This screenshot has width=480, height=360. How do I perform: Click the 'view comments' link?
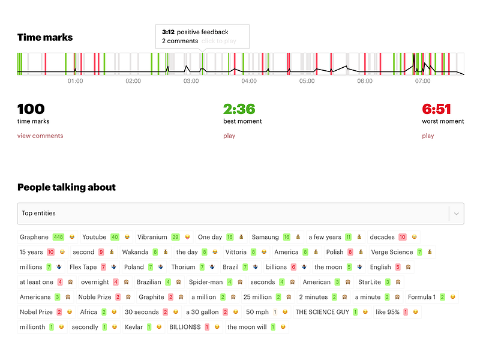pyautogui.click(x=40, y=136)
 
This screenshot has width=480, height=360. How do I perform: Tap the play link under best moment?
pyautogui.click(x=229, y=136)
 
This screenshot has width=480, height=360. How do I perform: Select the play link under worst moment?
pyautogui.click(x=428, y=136)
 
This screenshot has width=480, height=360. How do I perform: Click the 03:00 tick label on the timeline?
pyautogui.click(x=191, y=81)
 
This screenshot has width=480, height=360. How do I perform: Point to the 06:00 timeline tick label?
pyautogui.click(x=365, y=81)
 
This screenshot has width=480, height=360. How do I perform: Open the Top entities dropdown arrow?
pyautogui.click(x=456, y=214)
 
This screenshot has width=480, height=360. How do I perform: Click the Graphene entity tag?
pyautogui.click(x=47, y=237)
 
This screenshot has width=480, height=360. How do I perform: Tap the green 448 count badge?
pyautogui.click(x=58, y=237)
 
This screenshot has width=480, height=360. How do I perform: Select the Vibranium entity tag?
pyautogui.click(x=164, y=237)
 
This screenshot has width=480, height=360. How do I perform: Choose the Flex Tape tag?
pyautogui.click(x=94, y=267)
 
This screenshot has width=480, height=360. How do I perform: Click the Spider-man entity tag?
pyautogui.click(x=216, y=282)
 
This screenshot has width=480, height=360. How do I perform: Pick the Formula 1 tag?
pyautogui.click(x=432, y=297)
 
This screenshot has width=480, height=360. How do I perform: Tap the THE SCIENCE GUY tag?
pyautogui.click(x=332, y=312)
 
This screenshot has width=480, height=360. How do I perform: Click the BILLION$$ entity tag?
pyautogui.click(x=194, y=327)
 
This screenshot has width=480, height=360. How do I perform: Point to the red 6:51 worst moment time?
pyautogui.click(x=437, y=109)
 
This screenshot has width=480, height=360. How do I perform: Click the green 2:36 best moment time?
pyautogui.click(x=239, y=109)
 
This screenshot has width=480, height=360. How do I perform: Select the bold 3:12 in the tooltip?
pyautogui.click(x=168, y=32)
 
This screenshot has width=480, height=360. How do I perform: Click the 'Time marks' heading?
pyautogui.click(x=45, y=37)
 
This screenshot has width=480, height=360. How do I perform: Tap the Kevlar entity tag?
pyautogui.click(x=143, y=327)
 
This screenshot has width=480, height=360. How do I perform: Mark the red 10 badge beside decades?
pyautogui.click(x=402, y=237)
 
